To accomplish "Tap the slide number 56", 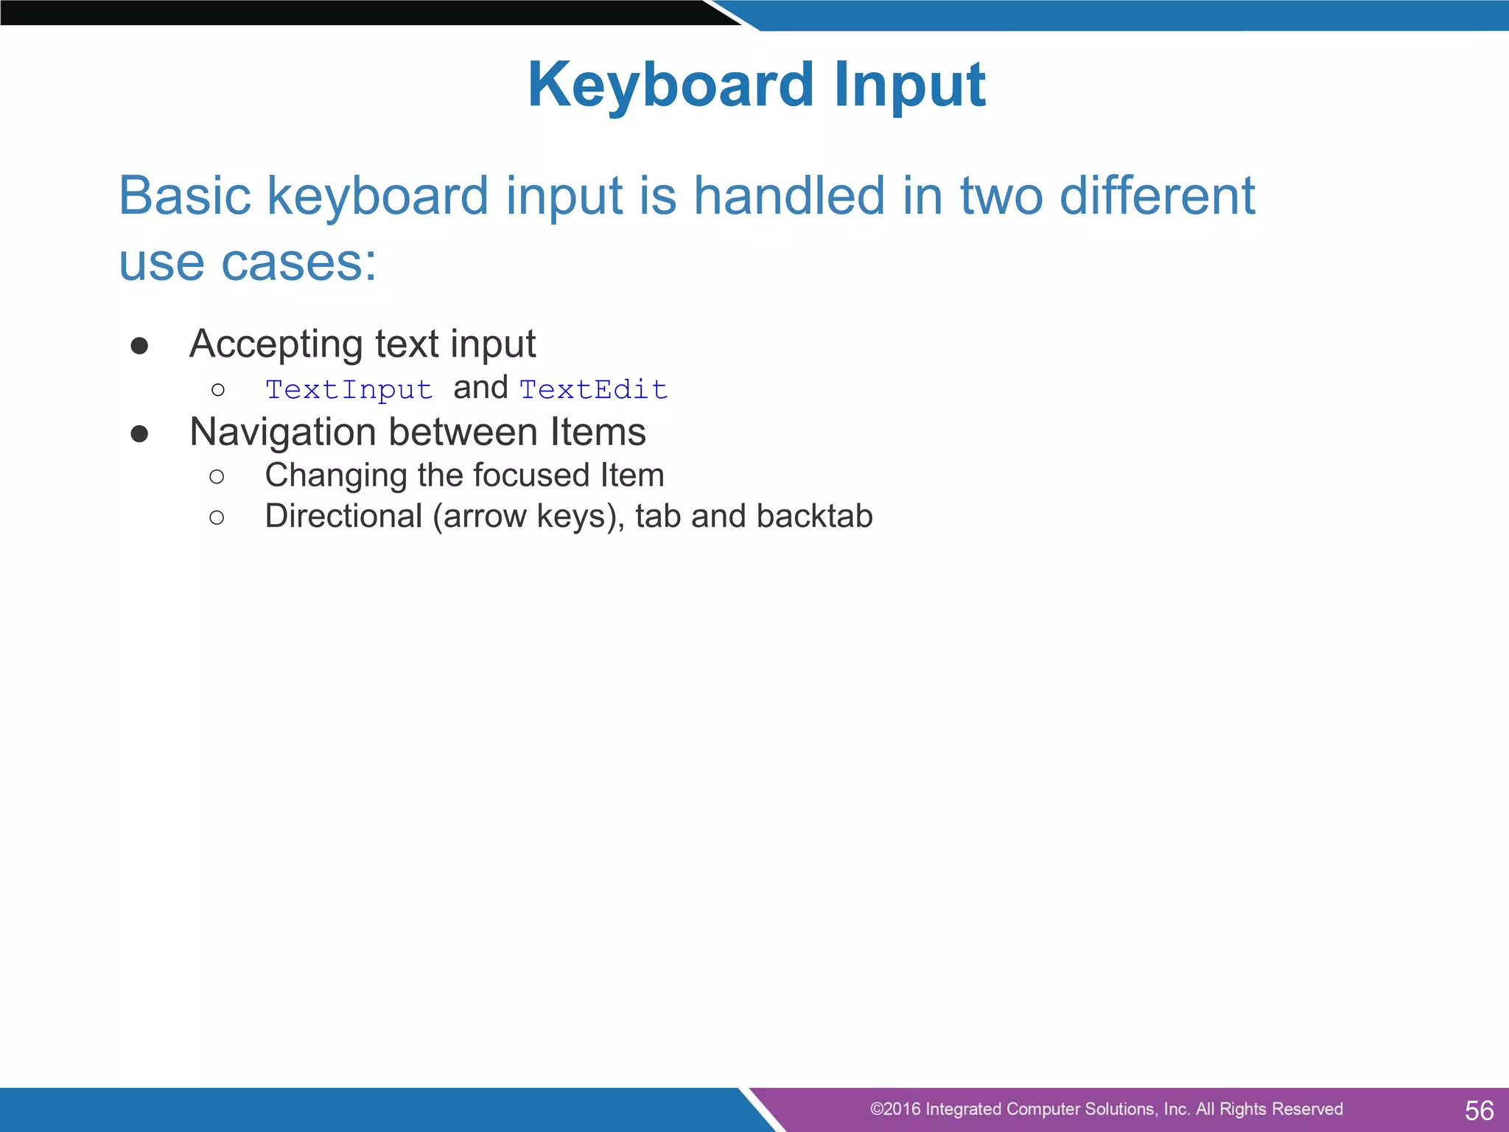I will click(1479, 1110).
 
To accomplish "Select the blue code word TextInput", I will click(349, 389).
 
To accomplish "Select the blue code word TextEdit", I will click(593, 389).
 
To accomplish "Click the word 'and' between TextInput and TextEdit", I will click(480, 388).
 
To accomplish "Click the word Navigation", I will click(283, 432).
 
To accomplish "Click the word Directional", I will click(343, 516).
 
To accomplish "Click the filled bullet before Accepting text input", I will click(139, 346).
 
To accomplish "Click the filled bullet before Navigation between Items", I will click(139, 434).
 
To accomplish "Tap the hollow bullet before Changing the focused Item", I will click(217, 477).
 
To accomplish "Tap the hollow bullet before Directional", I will click(217, 518).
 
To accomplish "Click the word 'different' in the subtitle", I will click(1157, 196).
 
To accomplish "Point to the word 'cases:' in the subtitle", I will click(298, 262).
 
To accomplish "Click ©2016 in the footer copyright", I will click(894, 1109).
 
